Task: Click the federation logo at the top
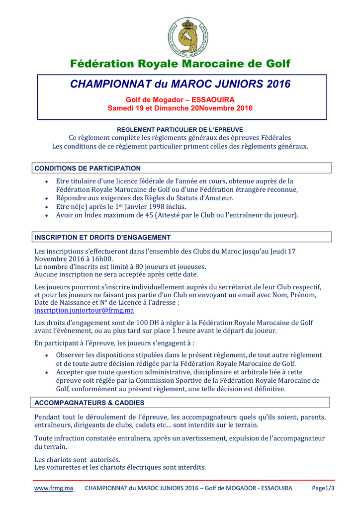pyautogui.click(x=187, y=37)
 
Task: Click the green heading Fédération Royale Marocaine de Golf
pyautogui.click(x=180, y=64)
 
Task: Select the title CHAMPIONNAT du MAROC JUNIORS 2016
pyautogui.click(x=180, y=84)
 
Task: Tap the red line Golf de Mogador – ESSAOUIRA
pyautogui.click(x=180, y=100)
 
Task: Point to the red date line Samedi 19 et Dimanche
pyautogui.click(x=180, y=108)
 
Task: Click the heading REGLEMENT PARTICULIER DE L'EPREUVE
pyautogui.click(x=180, y=129)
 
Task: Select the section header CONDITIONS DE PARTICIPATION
pyautogui.click(x=88, y=169)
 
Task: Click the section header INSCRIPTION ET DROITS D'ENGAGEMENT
pyautogui.click(x=102, y=237)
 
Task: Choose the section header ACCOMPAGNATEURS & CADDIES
pyautogui.click(x=90, y=403)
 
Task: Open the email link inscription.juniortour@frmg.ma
pyautogui.click(x=84, y=310)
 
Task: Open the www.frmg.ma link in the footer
pyautogui.click(x=53, y=488)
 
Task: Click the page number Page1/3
pyautogui.click(x=323, y=488)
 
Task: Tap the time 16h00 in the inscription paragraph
pyautogui.click(x=103, y=259)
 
